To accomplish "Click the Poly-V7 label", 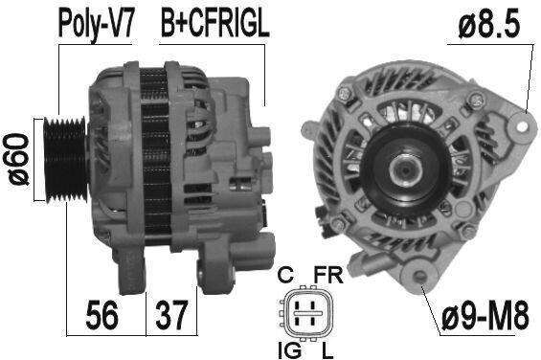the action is pyautogui.click(x=95, y=24).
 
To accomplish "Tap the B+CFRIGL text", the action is pyautogui.click(x=214, y=23).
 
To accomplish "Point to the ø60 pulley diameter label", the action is pyautogui.click(x=18, y=160).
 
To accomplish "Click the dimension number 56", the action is pyautogui.click(x=102, y=314).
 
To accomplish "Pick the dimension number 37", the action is pyautogui.click(x=171, y=314).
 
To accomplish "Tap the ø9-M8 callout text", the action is pyautogui.click(x=485, y=315).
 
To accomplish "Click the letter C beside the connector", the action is pyautogui.click(x=286, y=275).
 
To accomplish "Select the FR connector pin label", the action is pyautogui.click(x=328, y=275).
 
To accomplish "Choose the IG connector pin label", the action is pyautogui.click(x=289, y=351).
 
